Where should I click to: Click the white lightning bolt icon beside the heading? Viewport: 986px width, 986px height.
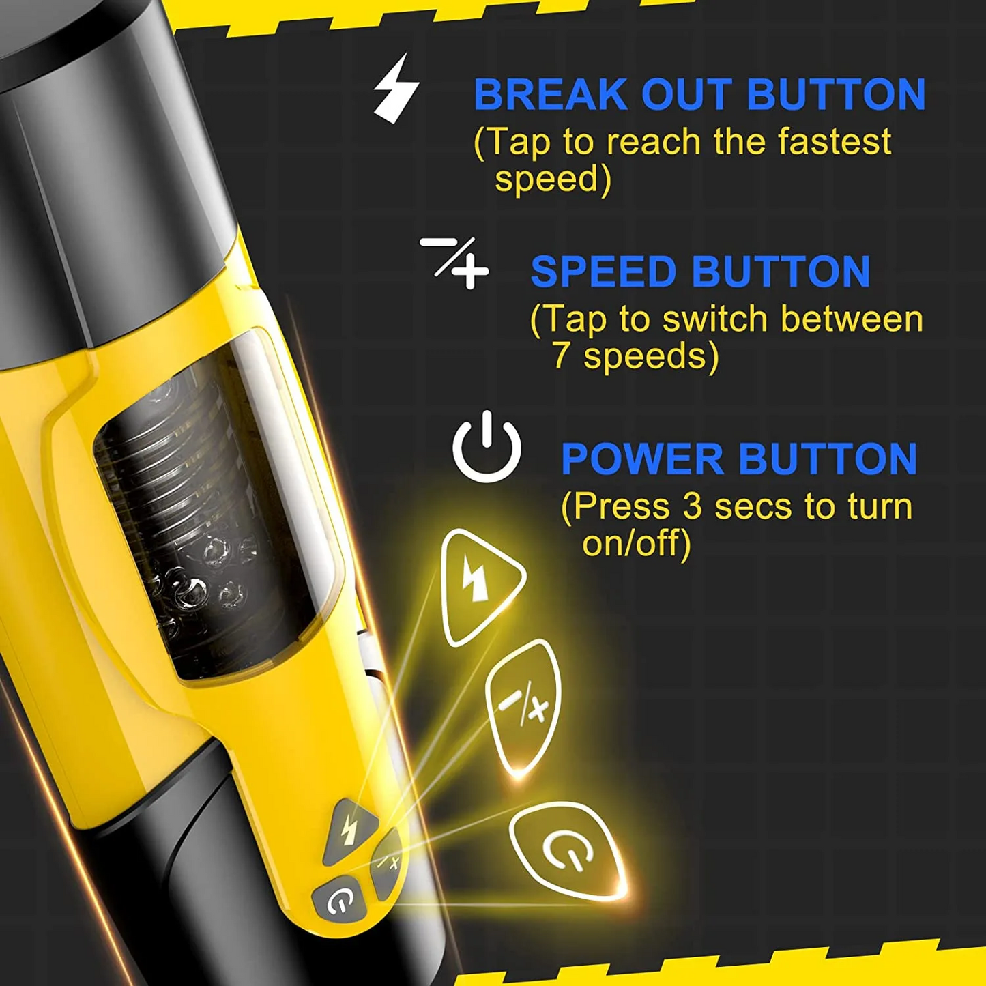point(396,89)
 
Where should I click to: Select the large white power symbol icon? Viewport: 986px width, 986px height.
point(487,447)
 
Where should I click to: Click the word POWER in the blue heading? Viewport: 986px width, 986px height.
point(642,459)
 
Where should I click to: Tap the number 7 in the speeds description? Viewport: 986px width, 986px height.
point(561,356)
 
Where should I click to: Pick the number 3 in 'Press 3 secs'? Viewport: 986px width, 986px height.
point(692,506)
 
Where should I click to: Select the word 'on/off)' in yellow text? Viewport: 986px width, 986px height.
point(636,543)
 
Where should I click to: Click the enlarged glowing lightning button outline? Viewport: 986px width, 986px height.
point(479,584)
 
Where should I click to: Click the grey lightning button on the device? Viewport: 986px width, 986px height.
point(351,828)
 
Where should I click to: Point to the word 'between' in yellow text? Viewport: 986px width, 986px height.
point(852,319)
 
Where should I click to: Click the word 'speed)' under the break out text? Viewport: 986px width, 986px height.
point(553,179)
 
